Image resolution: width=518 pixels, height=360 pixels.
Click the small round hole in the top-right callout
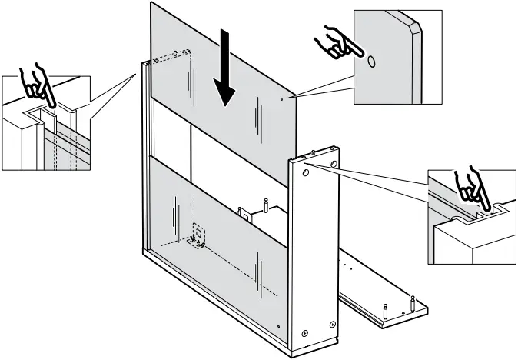point(371,60)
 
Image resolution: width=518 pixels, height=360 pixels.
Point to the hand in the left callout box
point(36,86)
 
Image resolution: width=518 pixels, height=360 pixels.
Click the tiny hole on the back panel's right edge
point(283,98)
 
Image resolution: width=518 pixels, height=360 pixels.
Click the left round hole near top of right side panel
point(306,175)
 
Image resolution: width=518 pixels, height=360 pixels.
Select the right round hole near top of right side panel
point(334,164)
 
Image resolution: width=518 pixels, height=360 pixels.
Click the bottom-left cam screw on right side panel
point(305,332)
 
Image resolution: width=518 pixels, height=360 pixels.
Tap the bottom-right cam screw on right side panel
point(332,322)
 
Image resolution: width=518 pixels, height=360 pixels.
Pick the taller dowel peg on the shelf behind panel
point(265,205)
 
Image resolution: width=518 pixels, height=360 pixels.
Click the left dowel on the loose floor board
point(384,311)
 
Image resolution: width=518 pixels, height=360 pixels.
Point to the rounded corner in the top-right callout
point(416,26)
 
